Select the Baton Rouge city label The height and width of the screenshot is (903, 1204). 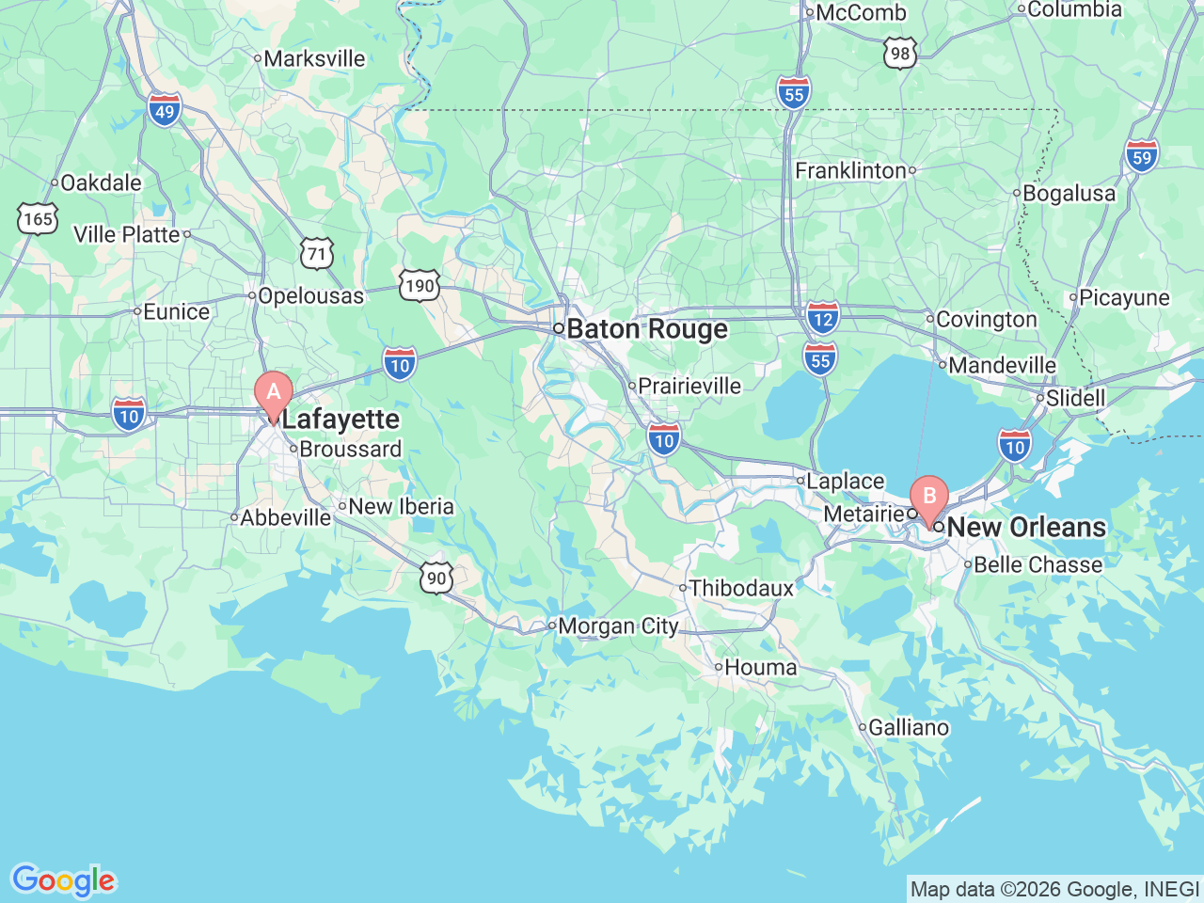(x=647, y=329)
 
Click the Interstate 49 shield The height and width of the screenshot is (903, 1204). (x=165, y=111)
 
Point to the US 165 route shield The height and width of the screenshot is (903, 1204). (x=38, y=219)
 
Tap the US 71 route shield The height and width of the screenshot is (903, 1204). (x=318, y=253)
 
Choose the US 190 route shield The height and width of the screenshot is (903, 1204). (x=420, y=286)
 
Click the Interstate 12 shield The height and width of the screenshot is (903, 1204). (x=822, y=318)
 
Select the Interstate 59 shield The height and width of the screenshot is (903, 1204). (x=1141, y=156)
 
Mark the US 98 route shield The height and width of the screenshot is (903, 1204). (x=900, y=54)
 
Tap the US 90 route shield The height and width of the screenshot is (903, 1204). (x=436, y=578)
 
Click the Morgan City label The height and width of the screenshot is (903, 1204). (x=618, y=626)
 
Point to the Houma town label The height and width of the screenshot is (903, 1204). (x=760, y=667)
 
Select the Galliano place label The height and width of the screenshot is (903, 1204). (x=908, y=727)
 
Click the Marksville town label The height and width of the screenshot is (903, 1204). (x=314, y=58)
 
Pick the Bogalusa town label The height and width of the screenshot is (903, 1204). (x=1069, y=193)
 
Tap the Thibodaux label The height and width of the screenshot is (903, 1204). (x=741, y=588)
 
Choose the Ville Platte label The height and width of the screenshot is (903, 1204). (x=126, y=234)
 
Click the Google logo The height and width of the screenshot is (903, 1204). (x=63, y=880)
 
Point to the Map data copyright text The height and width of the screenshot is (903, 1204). (x=1054, y=889)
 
